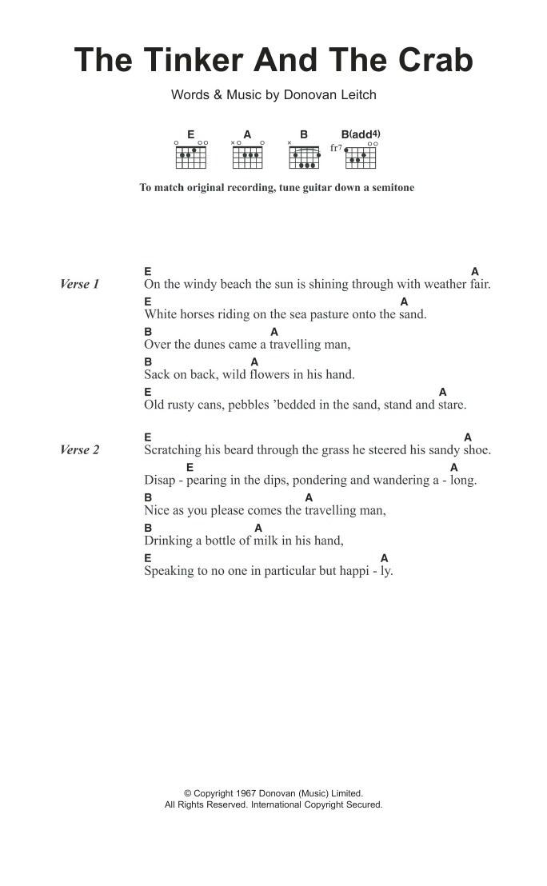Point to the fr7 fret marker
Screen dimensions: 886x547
[x=336, y=148]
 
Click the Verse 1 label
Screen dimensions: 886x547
[x=80, y=284]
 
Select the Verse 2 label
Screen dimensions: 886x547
[x=80, y=449]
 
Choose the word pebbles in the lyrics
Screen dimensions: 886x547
[x=242, y=405]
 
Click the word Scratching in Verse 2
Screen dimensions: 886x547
[x=174, y=450]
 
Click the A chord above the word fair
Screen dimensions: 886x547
[x=474, y=271]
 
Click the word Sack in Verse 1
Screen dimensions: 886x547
[x=158, y=374]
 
